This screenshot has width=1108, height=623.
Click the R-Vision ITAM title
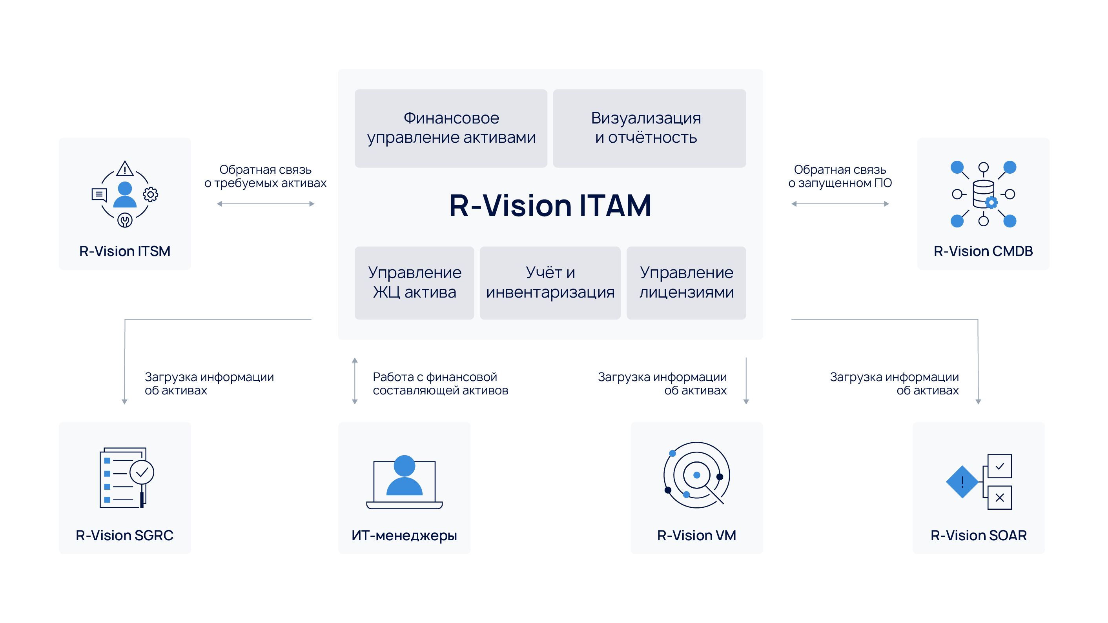pos(550,205)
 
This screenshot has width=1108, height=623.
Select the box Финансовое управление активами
pos(451,128)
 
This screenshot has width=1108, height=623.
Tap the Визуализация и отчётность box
pos(649,128)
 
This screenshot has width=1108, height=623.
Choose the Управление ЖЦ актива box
pos(414,282)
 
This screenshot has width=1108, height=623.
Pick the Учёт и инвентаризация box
pos(550,282)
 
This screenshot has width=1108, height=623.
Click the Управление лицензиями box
pos(686,282)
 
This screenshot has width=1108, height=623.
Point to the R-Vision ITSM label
pos(125,251)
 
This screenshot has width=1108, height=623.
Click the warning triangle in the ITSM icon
pos(125,169)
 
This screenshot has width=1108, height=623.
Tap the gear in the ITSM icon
pos(151,194)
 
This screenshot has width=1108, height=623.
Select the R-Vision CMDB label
pos(983,251)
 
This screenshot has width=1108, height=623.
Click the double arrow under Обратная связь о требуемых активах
pos(265,204)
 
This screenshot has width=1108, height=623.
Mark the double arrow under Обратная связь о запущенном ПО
pos(840,204)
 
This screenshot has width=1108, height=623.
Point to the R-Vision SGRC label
pos(124,535)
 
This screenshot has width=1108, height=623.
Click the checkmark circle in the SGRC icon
pos(142,472)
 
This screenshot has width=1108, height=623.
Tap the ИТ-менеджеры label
pos(404,535)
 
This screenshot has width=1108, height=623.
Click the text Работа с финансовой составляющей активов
pos(440,383)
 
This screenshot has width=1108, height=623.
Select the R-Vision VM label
pos(696,535)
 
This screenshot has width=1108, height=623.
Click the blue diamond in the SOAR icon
pos(962,481)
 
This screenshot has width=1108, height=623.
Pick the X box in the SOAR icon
pos(1000,498)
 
